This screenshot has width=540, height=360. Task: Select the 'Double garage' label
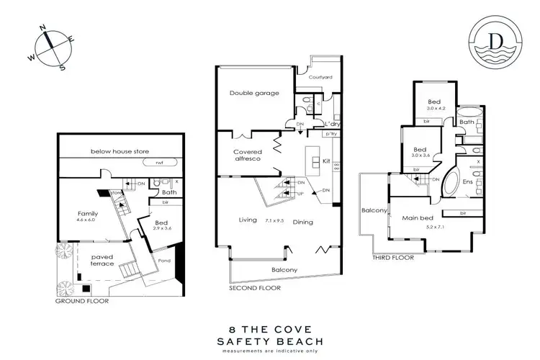[254, 94]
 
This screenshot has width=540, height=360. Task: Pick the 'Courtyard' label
[320, 76]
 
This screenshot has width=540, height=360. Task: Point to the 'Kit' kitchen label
[326, 161]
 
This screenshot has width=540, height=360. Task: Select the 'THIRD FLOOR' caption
[393, 256]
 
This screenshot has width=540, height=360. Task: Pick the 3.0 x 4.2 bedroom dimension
[434, 109]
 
